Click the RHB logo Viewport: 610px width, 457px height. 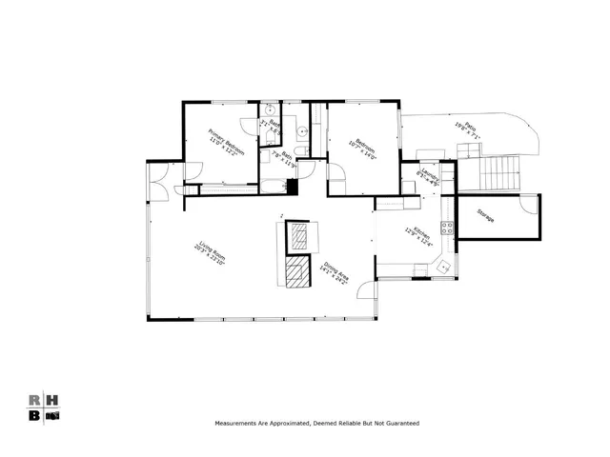pyautogui.click(x=44, y=407)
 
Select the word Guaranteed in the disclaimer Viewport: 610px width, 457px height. pyautogui.click(x=397, y=423)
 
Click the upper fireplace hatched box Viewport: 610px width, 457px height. pyautogui.click(x=300, y=235)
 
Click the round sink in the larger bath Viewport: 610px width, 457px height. pyautogui.click(x=300, y=133)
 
